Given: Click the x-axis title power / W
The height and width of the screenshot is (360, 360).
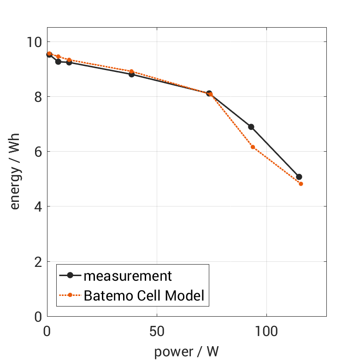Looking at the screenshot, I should click(186, 351).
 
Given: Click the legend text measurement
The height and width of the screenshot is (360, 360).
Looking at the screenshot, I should click(128, 276).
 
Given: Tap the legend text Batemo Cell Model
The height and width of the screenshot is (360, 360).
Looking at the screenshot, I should click(144, 295).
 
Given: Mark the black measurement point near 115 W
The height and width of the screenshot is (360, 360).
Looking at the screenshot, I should click(299, 177).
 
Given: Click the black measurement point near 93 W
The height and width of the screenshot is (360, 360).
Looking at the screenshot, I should click(251, 127).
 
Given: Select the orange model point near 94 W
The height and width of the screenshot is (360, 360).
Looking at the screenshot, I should click(253, 147).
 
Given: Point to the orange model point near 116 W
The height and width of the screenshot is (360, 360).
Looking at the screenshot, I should click(301, 184).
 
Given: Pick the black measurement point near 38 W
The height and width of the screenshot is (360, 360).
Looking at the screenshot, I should click(132, 74).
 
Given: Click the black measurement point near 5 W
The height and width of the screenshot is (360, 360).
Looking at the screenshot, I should click(58, 62).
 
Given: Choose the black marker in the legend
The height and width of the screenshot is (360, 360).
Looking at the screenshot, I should click(70, 276).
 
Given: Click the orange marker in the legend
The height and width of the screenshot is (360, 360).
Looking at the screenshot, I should click(70, 295).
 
